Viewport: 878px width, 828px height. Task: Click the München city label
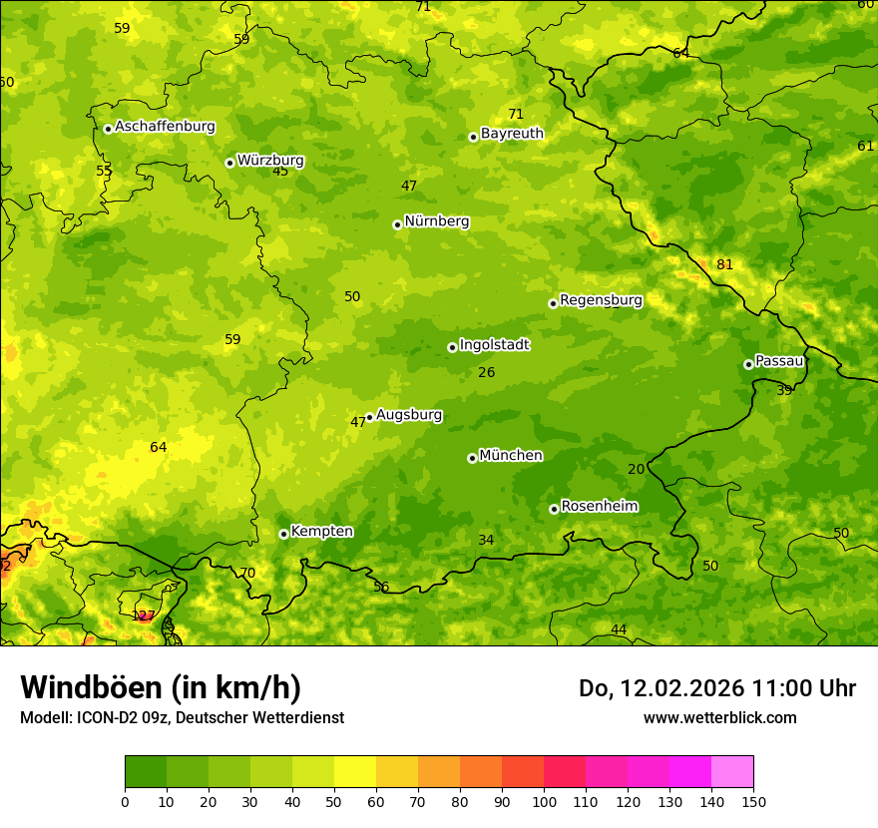(511, 456)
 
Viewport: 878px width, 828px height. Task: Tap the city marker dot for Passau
(748, 364)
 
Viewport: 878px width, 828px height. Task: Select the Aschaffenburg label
(165, 127)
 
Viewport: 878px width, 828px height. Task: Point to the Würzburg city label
(270, 161)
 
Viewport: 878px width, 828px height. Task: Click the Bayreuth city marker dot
(473, 137)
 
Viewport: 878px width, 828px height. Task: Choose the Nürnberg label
(436, 221)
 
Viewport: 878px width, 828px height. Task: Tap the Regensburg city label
(601, 300)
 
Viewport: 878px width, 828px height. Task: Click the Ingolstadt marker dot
(452, 347)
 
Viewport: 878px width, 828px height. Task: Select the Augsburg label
(409, 415)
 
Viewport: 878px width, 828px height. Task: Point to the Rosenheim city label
(599, 507)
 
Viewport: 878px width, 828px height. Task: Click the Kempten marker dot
(283, 534)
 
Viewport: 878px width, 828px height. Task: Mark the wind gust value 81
(724, 265)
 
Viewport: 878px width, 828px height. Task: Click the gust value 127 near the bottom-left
(144, 616)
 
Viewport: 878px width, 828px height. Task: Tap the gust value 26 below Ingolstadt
(486, 373)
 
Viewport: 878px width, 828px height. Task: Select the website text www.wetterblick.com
(719, 717)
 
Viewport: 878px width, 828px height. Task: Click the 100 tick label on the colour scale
(544, 801)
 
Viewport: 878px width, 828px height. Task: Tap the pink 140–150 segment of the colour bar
(732, 771)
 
